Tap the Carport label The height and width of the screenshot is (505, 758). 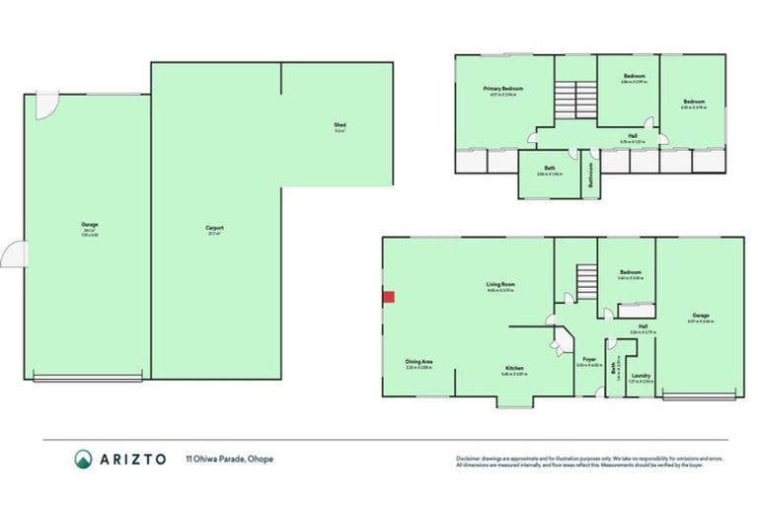click(x=214, y=228)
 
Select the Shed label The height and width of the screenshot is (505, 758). click(x=339, y=125)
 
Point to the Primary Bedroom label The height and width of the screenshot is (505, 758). click(x=502, y=89)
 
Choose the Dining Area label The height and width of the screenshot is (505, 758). click(x=418, y=362)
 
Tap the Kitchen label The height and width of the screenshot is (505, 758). click(x=513, y=368)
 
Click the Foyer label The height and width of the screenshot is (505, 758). click(x=589, y=359)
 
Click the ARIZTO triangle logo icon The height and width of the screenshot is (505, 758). click(x=84, y=459)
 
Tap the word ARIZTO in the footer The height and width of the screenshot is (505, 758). click(x=133, y=459)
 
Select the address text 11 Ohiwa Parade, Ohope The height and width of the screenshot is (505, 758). click(x=230, y=459)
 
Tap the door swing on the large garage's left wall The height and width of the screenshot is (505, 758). click(x=13, y=254)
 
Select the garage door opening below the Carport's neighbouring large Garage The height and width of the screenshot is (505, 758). click(x=88, y=377)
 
